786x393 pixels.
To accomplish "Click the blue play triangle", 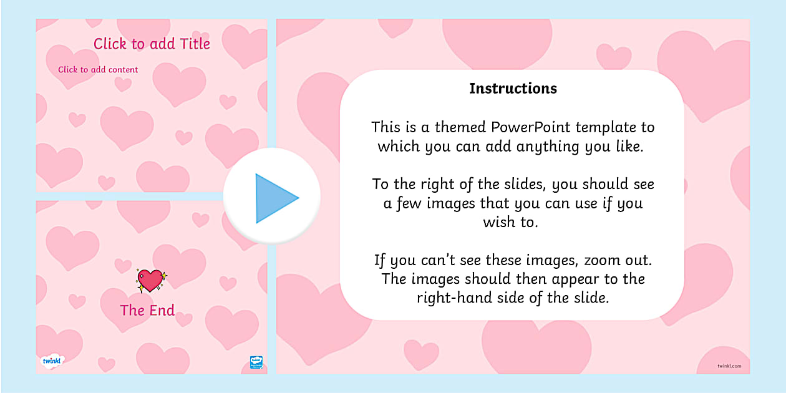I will (274, 198).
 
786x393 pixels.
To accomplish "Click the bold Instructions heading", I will (513, 89).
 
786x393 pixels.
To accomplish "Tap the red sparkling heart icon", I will (151, 281).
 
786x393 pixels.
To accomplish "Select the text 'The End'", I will (147, 311).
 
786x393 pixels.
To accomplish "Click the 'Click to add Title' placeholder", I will (152, 44).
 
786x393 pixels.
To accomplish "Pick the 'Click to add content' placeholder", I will (98, 70).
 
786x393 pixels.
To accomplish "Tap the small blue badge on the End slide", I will (256, 362).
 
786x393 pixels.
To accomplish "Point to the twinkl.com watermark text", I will (729, 366).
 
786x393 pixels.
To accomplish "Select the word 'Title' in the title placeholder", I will (194, 44).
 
